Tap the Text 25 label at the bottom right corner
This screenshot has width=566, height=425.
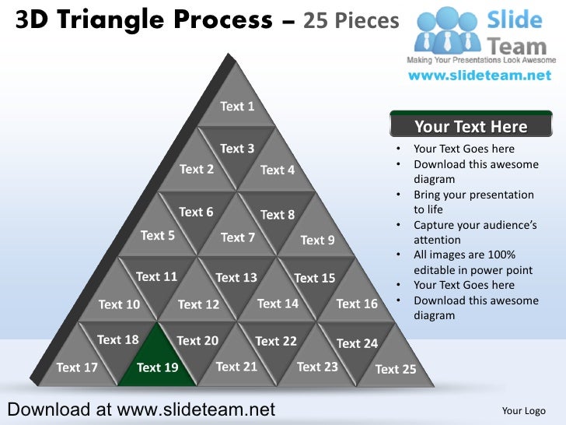(x=396, y=369)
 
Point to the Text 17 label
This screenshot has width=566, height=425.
(x=77, y=367)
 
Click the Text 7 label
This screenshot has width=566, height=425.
(x=237, y=237)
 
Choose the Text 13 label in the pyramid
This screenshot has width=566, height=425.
(x=236, y=277)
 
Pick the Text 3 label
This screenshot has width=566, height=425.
(x=237, y=149)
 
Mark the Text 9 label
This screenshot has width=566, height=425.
(x=317, y=240)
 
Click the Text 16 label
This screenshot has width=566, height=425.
(x=357, y=304)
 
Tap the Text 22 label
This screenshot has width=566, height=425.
(x=276, y=341)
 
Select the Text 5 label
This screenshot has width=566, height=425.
(x=157, y=235)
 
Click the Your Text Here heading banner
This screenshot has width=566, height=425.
(x=470, y=127)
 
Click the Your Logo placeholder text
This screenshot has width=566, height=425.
(x=524, y=410)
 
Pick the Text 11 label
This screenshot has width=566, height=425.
(x=157, y=276)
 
